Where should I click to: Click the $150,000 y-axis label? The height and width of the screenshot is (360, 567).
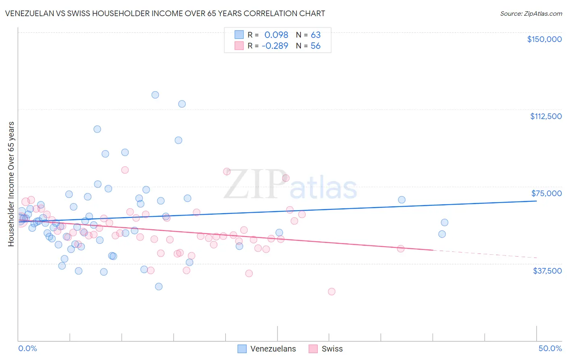coord(544,39)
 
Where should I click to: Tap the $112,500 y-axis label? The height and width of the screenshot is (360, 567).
coord(546,116)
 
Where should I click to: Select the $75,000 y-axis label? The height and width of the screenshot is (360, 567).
coord(546,193)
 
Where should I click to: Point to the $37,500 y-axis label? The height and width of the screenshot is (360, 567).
coord(547,271)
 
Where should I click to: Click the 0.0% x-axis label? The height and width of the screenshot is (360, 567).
coord(27,349)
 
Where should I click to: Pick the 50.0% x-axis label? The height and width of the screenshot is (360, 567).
coord(550,349)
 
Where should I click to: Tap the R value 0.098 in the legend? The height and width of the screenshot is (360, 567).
coord(276,35)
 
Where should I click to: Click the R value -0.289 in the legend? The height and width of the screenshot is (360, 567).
coord(275,46)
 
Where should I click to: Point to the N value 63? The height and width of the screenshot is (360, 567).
coord(315,35)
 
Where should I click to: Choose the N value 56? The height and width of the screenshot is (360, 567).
coord(315,46)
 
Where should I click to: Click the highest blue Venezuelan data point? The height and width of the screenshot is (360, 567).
coord(155,95)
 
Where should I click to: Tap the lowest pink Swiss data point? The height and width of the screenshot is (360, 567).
coord(331,291)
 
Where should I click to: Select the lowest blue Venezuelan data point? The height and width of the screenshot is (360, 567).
coord(159,287)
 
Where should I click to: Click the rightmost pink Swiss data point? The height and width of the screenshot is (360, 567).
coord(400,249)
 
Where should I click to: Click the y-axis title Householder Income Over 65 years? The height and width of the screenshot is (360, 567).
coord(11,184)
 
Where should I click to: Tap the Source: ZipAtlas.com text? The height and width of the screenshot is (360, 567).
coord(531,14)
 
